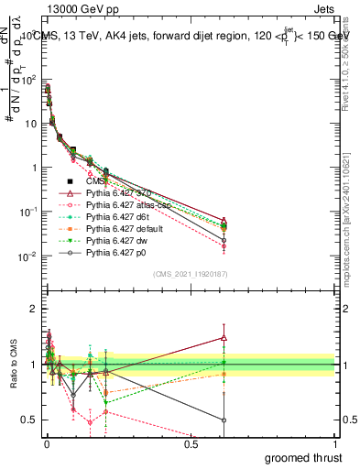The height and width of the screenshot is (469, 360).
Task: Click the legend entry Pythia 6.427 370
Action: [118, 193]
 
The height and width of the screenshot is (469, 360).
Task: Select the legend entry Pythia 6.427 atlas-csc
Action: [125, 205]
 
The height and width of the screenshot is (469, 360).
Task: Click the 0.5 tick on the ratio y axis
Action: [33, 420]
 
